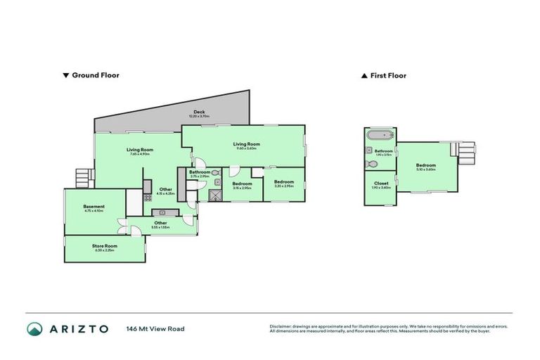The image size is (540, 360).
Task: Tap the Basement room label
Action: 94,207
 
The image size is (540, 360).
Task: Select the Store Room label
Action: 104,245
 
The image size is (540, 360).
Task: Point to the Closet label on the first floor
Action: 381,183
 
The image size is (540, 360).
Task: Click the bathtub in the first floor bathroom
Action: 380,134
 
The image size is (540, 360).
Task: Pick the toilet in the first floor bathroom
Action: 372,165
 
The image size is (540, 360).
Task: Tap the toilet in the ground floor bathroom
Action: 216,171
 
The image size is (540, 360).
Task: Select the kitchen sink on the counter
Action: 162,212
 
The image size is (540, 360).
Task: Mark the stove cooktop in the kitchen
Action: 147,186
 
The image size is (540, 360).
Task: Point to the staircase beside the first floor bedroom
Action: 468,150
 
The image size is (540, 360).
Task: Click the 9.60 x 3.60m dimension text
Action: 246,148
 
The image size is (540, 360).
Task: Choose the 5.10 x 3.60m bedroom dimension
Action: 426,169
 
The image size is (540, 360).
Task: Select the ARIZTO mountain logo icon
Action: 35,328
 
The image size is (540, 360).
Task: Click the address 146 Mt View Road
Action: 155,328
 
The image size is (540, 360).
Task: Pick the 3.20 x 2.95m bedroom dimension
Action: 284,186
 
